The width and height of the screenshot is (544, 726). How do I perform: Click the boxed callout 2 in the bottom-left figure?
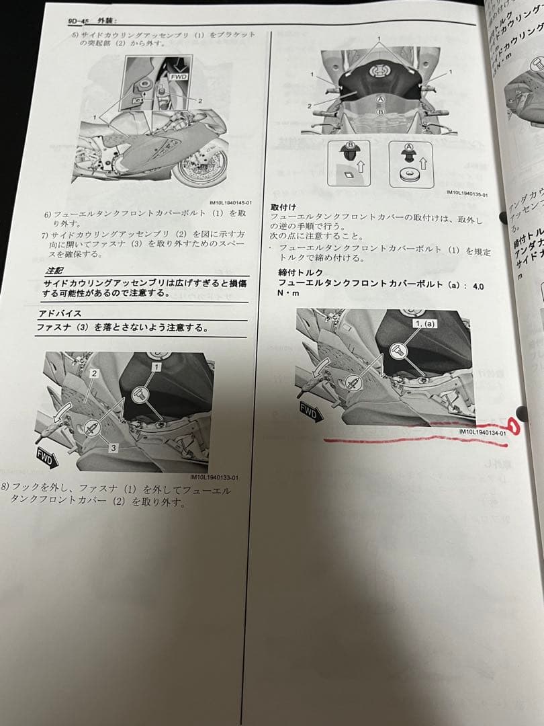[95, 373]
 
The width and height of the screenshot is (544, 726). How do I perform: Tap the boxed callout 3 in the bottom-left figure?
[114, 446]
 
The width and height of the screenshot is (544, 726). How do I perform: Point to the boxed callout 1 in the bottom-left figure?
[156, 367]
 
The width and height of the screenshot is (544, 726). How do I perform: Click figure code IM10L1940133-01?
[214, 478]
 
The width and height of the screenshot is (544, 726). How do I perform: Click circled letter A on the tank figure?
[380, 99]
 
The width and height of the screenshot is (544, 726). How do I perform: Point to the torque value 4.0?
[478, 286]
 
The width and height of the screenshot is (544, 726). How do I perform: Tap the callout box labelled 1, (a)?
[425, 323]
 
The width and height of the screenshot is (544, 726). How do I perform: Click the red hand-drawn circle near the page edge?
[516, 424]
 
